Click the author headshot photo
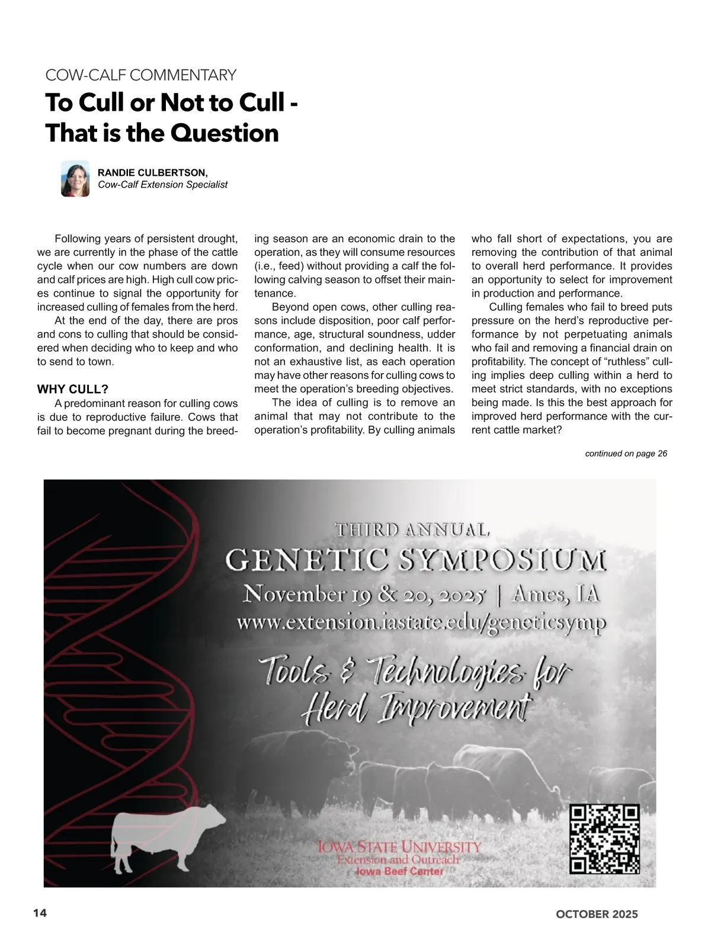[75, 178]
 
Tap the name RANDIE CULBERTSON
[152, 172]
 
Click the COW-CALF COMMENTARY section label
[140, 75]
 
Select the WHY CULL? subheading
[72, 389]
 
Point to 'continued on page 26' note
[626, 454]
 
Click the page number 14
[40, 913]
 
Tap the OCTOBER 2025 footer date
[597, 914]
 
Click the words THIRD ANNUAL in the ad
[412, 529]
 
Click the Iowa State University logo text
[399, 846]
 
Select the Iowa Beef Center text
[399, 871]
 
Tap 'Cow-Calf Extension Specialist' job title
[162, 185]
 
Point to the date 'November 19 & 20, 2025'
[365, 593]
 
